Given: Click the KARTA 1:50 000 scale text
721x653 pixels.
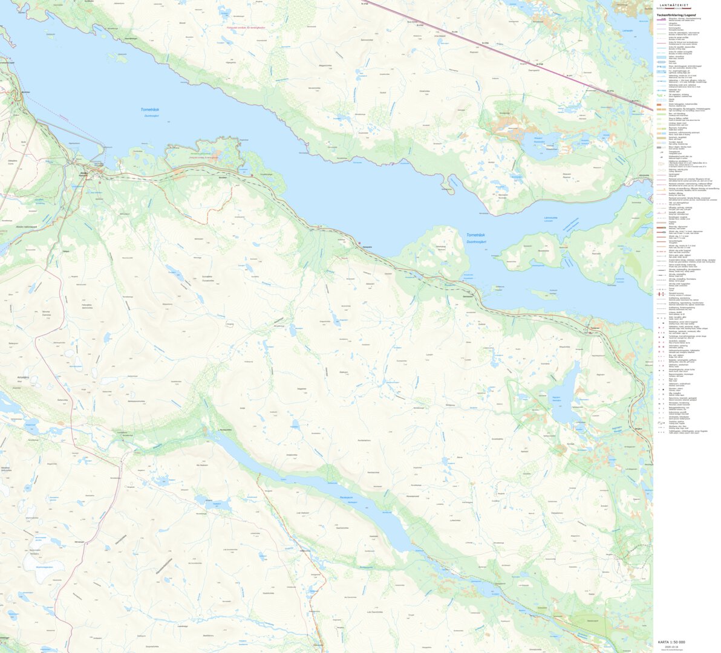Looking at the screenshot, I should click(671, 642).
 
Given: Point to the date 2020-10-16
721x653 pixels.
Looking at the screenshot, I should click(671, 646).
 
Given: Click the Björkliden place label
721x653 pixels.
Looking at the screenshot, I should click(25, 92).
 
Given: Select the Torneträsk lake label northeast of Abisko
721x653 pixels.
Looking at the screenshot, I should click(149, 110).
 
